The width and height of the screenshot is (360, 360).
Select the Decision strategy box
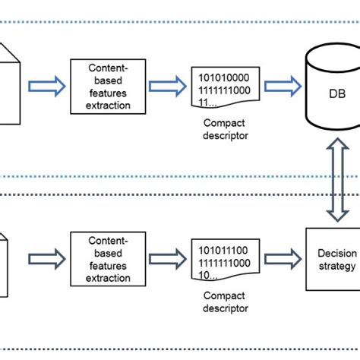tap(333, 259)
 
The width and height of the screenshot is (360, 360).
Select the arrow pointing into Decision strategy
tap(281, 259)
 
